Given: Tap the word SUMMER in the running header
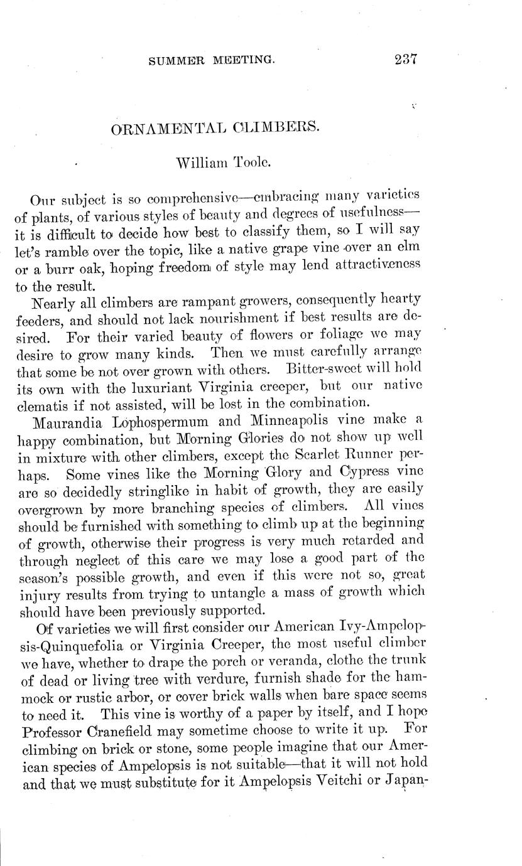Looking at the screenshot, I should pos(175,61).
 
